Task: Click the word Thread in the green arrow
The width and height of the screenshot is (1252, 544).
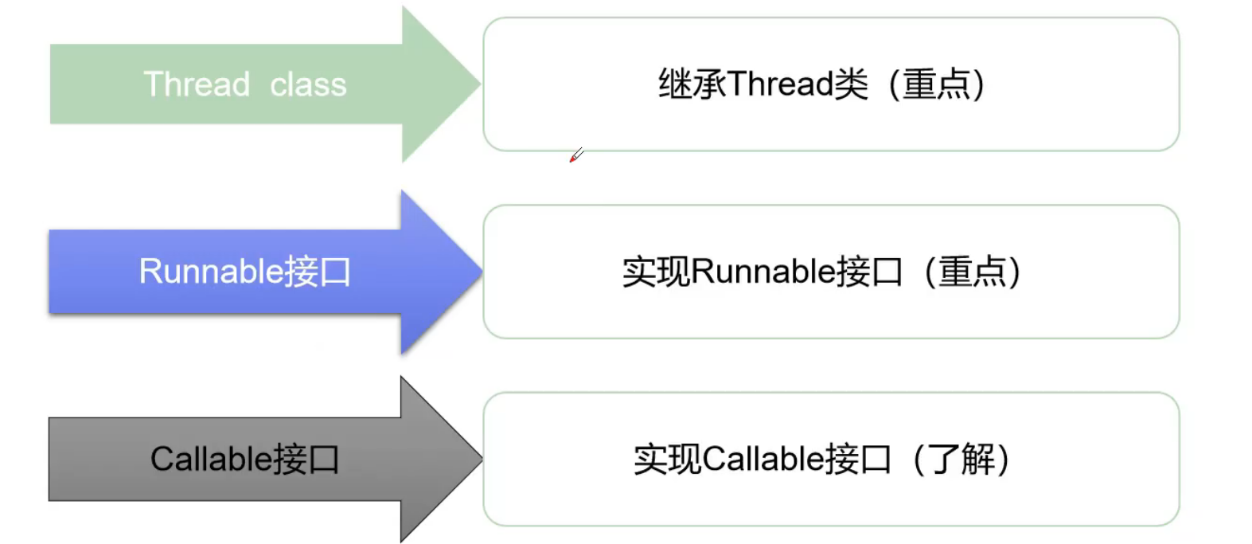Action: point(197,84)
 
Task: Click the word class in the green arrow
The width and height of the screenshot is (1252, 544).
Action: point(308,84)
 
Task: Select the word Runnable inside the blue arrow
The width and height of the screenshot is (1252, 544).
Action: point(211,272)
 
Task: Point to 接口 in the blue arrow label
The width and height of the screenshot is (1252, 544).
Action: point(318,272)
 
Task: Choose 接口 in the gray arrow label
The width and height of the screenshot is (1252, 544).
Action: point(307,459)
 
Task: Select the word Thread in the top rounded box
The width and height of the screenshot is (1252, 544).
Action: point(779,84)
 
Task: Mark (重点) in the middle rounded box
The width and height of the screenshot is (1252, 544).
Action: point(972,272)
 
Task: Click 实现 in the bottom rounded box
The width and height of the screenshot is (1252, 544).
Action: point(668,459)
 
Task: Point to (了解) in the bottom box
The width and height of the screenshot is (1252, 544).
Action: point(961,459)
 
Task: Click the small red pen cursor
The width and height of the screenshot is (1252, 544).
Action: point(576,155)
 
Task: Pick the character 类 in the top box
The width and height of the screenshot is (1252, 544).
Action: point(851,84)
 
